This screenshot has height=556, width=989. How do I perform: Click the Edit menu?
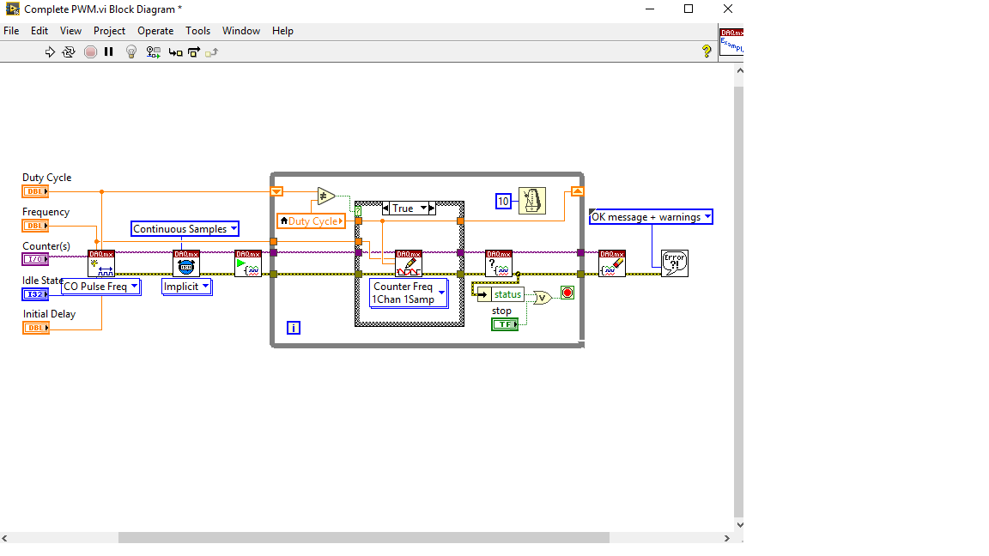coord(39,31)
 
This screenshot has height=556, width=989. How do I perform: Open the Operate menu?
coord(155,31)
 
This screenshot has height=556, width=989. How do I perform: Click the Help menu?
coord(282,31)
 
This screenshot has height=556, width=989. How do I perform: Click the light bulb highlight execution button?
coord(131,51)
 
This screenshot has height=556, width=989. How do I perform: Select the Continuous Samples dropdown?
coord(185,229)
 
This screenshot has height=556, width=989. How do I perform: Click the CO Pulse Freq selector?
coord(100,287)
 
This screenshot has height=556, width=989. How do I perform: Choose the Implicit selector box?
coord(186,287)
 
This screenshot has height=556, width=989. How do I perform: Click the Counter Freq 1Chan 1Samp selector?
coord(409,293)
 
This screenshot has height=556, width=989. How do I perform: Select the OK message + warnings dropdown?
coord(651,217)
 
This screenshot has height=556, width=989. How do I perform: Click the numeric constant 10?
coord(504,202)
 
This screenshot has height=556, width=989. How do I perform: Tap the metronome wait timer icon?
coord(532,201)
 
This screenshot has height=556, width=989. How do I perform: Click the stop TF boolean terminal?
coord(504,323)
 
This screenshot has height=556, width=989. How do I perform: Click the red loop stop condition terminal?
coord(567,293)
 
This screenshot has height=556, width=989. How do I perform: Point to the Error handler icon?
coord(675,263)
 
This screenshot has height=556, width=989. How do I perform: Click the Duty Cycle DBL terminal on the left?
coord(35,191)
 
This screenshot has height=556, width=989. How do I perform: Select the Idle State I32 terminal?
coord(35,294)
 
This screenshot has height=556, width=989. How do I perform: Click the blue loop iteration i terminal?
coord(294,328)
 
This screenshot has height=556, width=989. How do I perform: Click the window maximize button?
coord(689,9)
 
